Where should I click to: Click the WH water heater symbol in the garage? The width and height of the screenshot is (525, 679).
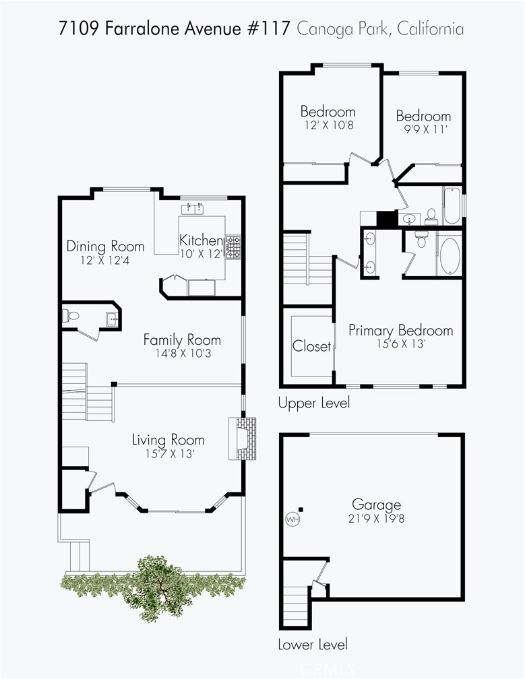[293, 519]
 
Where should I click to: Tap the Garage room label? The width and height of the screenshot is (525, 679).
[376, 505]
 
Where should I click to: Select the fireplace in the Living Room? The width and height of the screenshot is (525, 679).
[242, 439]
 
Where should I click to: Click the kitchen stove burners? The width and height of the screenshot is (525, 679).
[233, 247]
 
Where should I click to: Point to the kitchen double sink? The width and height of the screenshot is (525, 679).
[192, 208]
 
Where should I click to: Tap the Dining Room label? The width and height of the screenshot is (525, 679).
[105, 247]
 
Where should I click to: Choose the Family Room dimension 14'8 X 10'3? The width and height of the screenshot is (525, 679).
[183, 354]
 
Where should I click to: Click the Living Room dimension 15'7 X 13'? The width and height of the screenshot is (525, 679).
[169, 454]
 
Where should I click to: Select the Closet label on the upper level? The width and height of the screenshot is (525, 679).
[311, 346]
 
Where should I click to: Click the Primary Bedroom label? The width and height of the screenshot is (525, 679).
[401, 330]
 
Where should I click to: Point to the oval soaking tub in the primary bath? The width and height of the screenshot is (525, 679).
[450, 256]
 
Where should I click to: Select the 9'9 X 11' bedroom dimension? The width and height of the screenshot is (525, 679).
[425, 129]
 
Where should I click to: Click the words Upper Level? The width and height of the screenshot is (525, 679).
[313, 403]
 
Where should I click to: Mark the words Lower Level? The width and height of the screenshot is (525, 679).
[313, 645]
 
